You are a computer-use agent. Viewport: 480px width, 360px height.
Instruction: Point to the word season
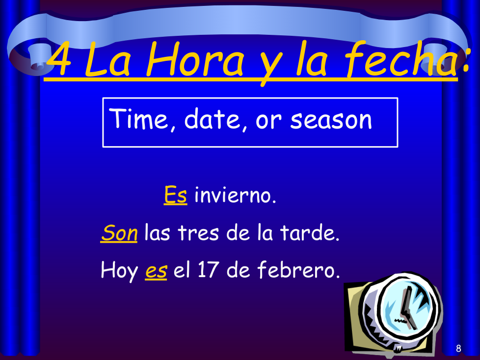coord(331,120)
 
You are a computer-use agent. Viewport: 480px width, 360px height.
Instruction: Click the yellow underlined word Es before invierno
coord(175,195)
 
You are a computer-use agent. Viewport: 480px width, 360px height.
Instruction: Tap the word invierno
coord(235,195)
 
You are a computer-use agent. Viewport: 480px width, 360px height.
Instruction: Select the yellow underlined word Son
coord(119,233)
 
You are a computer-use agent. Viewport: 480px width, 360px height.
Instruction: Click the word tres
coord(198,233)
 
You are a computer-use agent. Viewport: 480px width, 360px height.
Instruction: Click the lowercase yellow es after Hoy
coord(156,271)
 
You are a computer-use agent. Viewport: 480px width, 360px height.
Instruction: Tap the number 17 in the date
coord(208,270)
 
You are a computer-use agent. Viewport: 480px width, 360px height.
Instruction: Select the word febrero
coord(299,270)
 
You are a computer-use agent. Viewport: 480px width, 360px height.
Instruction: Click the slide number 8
coord(458,348)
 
